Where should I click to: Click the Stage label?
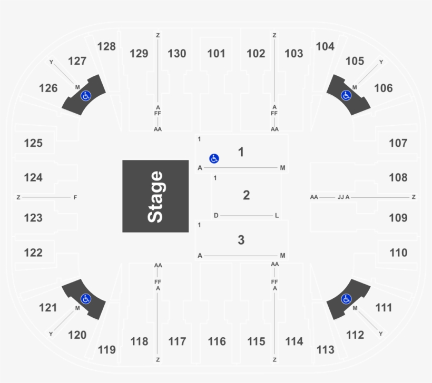click(x=155, y=196)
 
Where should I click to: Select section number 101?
click(x=216, y=53)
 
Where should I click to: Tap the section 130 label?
click(x=177, y=53)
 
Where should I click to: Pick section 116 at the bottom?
click(x=217, y=342)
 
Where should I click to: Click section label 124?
click(x=33, y=178)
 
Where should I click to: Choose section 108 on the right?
click(x=398, y=178)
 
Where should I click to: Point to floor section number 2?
click(x=246, y=196)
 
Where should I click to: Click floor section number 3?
click(x=241, y=240)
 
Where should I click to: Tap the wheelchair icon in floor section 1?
click(x=214, y=158)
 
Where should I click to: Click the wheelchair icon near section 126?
click(x=85, y=96)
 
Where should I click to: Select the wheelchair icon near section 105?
click(x=346, y=95)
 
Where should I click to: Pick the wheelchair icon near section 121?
click(x=85, y=299)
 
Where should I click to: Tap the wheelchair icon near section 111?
click(x=346, y=299)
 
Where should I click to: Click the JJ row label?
click(x=340, y=197)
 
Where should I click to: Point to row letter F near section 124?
click(x=75, y=197)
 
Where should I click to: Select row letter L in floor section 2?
click(x=277, y=216)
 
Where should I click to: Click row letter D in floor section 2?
click(x=216, y=216)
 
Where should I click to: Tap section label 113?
click(x=326, y=349)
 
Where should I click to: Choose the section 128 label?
click(x=106, y=46)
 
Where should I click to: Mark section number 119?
click(x=107, y=349)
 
